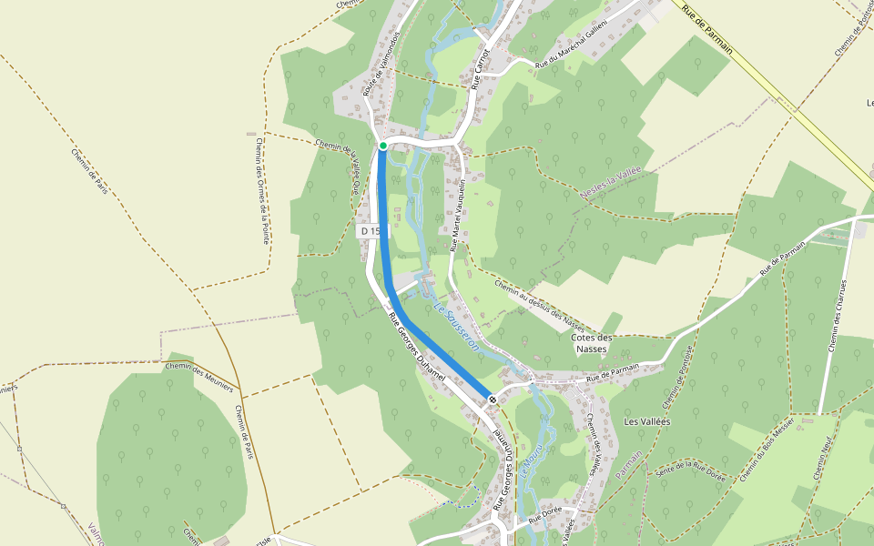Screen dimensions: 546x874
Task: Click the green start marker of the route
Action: pos(383,146)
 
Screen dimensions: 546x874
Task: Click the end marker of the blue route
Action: pos(493,399)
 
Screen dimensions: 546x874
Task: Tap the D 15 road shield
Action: pos(370,231)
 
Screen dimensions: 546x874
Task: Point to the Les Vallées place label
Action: pos(646,422)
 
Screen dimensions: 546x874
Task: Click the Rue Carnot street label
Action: pos(482,62)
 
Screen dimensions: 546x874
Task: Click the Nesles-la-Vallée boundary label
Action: pos(612,185)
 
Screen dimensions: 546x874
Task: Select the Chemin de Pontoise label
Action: pos(678,377)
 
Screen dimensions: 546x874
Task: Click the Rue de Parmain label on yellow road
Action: pos(707,29)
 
